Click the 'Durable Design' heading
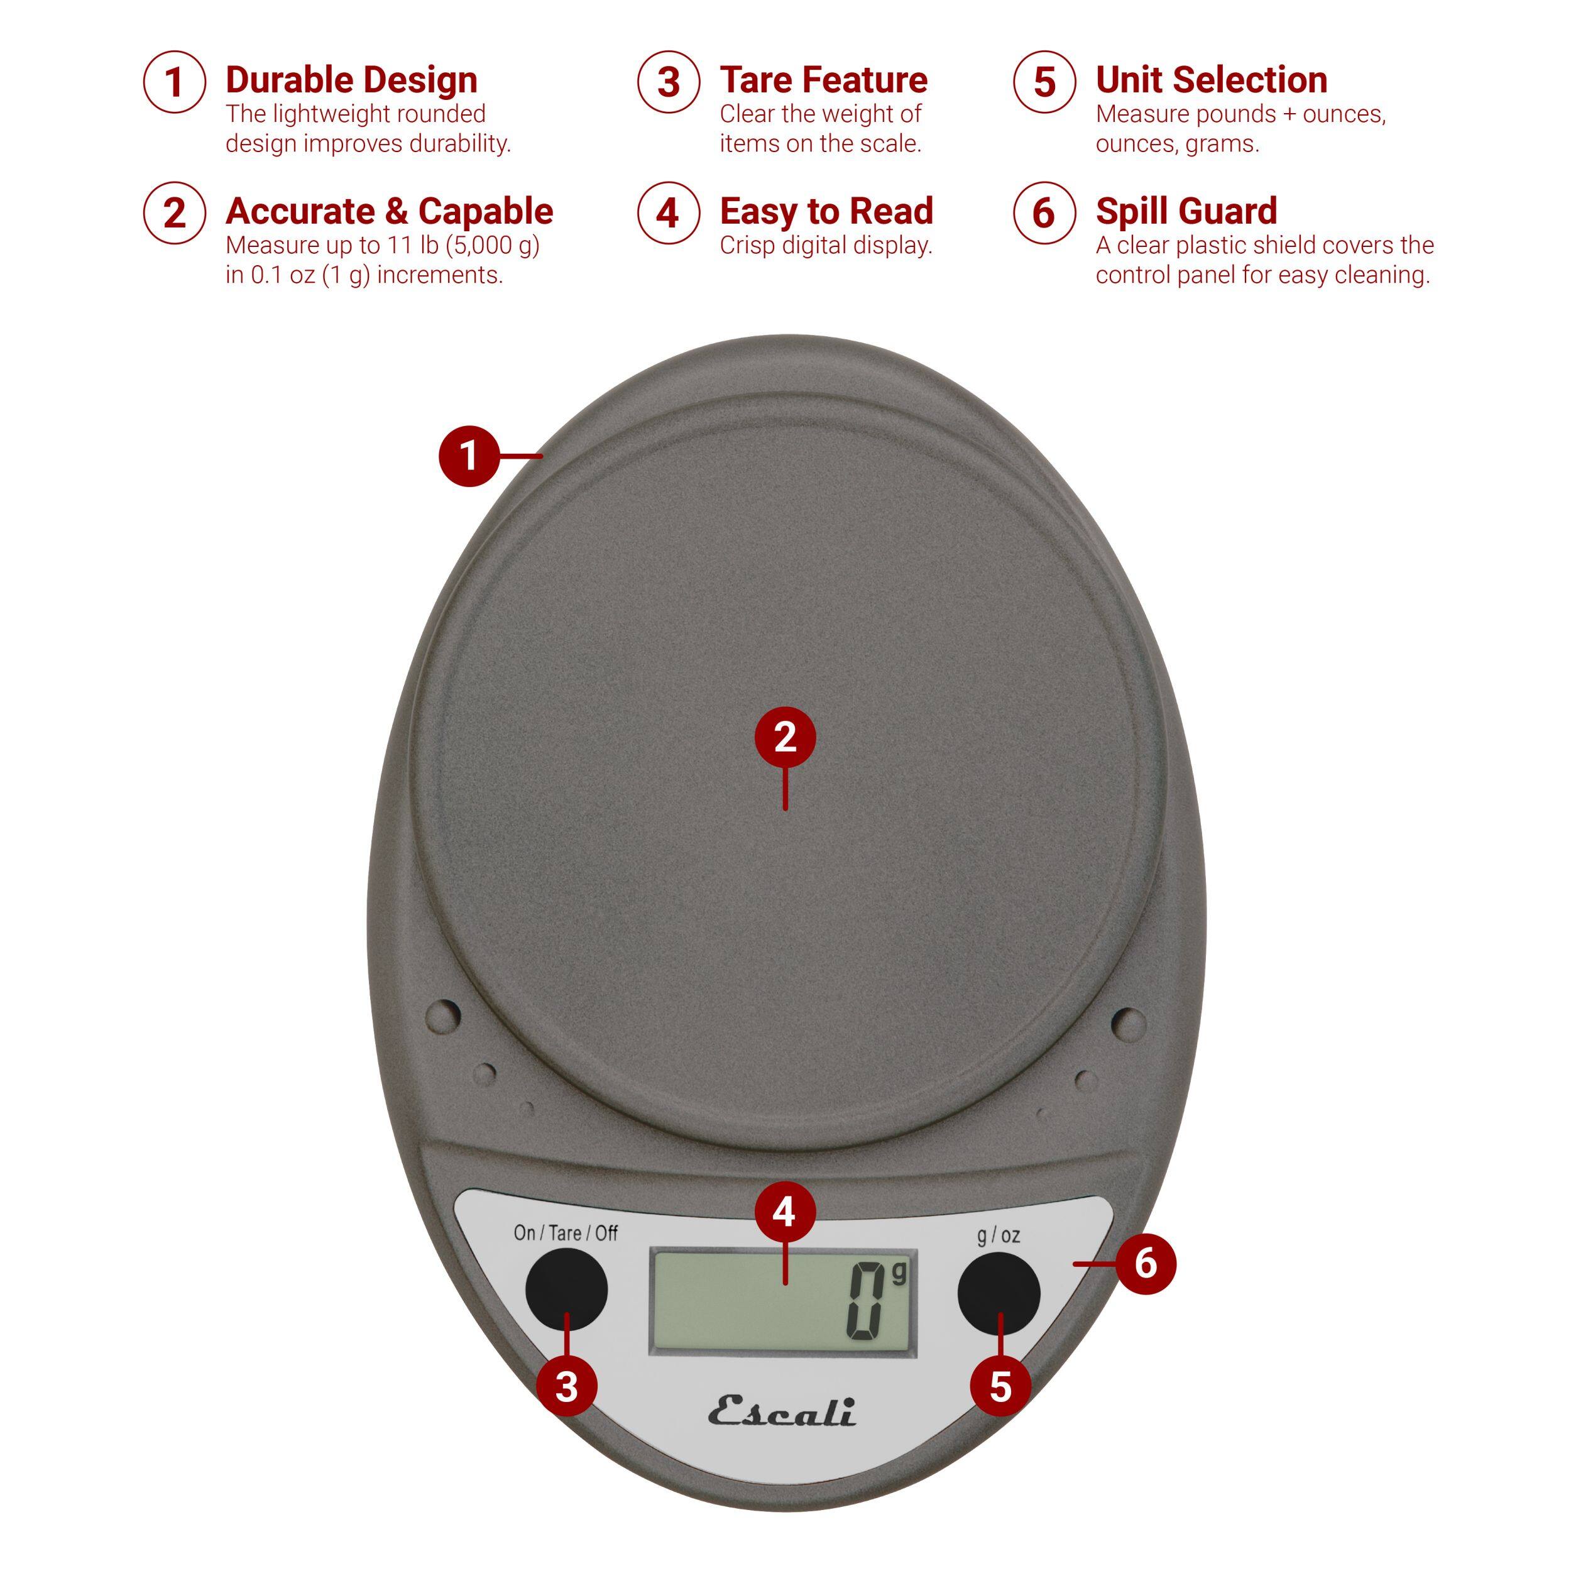click(351, 80)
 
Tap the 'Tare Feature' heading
click(823, 80)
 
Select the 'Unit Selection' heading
click(1211, 80)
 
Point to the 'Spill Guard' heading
click(1186, 211)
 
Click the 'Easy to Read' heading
click(826, 211)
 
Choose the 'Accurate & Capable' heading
click(389, 211)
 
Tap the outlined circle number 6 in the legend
click(1043, 213)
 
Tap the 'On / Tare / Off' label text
click(565, 1234)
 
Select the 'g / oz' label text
click(998, 1236)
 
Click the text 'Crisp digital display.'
click(825, 246)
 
